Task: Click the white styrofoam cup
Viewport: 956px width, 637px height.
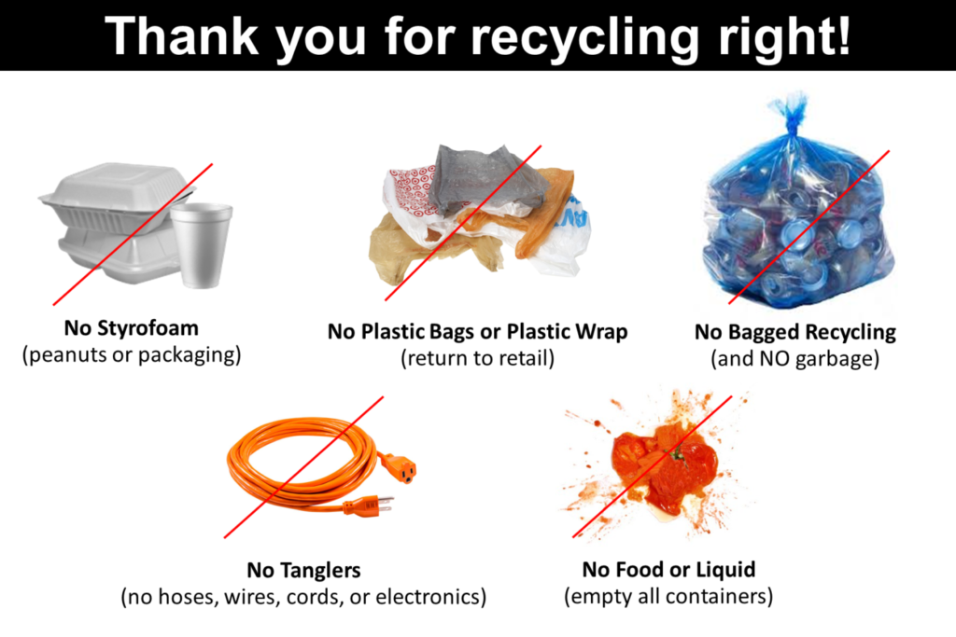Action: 200,244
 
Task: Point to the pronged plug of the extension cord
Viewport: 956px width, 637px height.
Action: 369,505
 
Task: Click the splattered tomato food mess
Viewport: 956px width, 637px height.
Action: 663,462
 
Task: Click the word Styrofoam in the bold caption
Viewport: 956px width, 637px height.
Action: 152,328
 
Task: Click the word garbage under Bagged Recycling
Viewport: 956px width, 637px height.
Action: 836,358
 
